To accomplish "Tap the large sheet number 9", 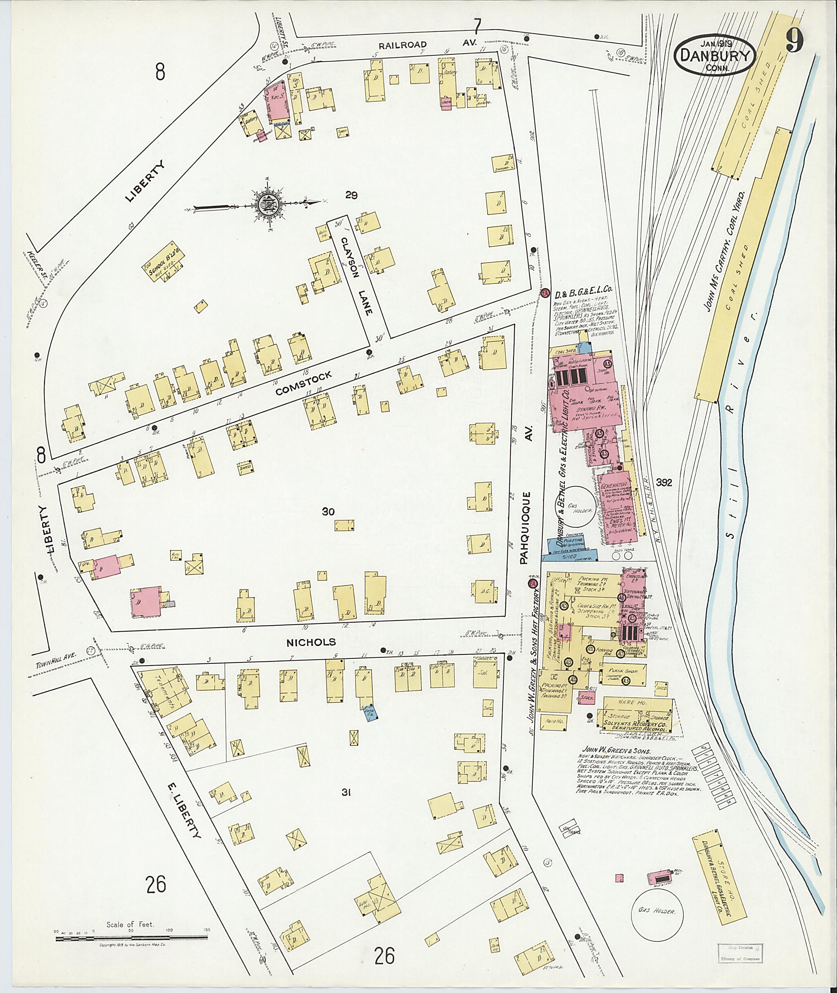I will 794,40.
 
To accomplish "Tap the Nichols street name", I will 311,642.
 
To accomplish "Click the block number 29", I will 351,195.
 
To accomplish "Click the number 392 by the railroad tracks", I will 664,483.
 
